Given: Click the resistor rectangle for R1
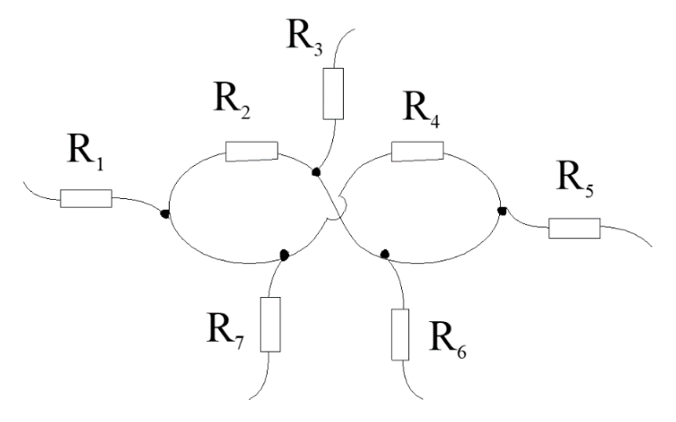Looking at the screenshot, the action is [86, 198].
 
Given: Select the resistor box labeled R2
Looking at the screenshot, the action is [252, 151].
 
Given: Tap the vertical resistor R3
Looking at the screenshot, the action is [333, 94].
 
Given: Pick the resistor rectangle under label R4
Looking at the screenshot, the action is [417, 151].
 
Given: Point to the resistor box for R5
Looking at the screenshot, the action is [574, 228].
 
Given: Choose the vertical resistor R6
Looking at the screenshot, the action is [400, 335].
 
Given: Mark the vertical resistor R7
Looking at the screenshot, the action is [271, 324].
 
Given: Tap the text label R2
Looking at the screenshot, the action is [232, 100].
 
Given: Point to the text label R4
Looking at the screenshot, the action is [421, 110].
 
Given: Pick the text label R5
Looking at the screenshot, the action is [575, 178].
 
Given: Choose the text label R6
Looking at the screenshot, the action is [448, 340].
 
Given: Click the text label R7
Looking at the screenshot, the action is [225, 331].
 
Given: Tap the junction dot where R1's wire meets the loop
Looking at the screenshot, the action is [164, 213].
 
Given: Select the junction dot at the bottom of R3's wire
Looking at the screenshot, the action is [316, 171].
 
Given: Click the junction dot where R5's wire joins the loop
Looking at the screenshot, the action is [502, 211].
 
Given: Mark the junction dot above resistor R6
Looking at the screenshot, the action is [385, 254].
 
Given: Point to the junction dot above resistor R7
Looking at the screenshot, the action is [284, 255].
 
